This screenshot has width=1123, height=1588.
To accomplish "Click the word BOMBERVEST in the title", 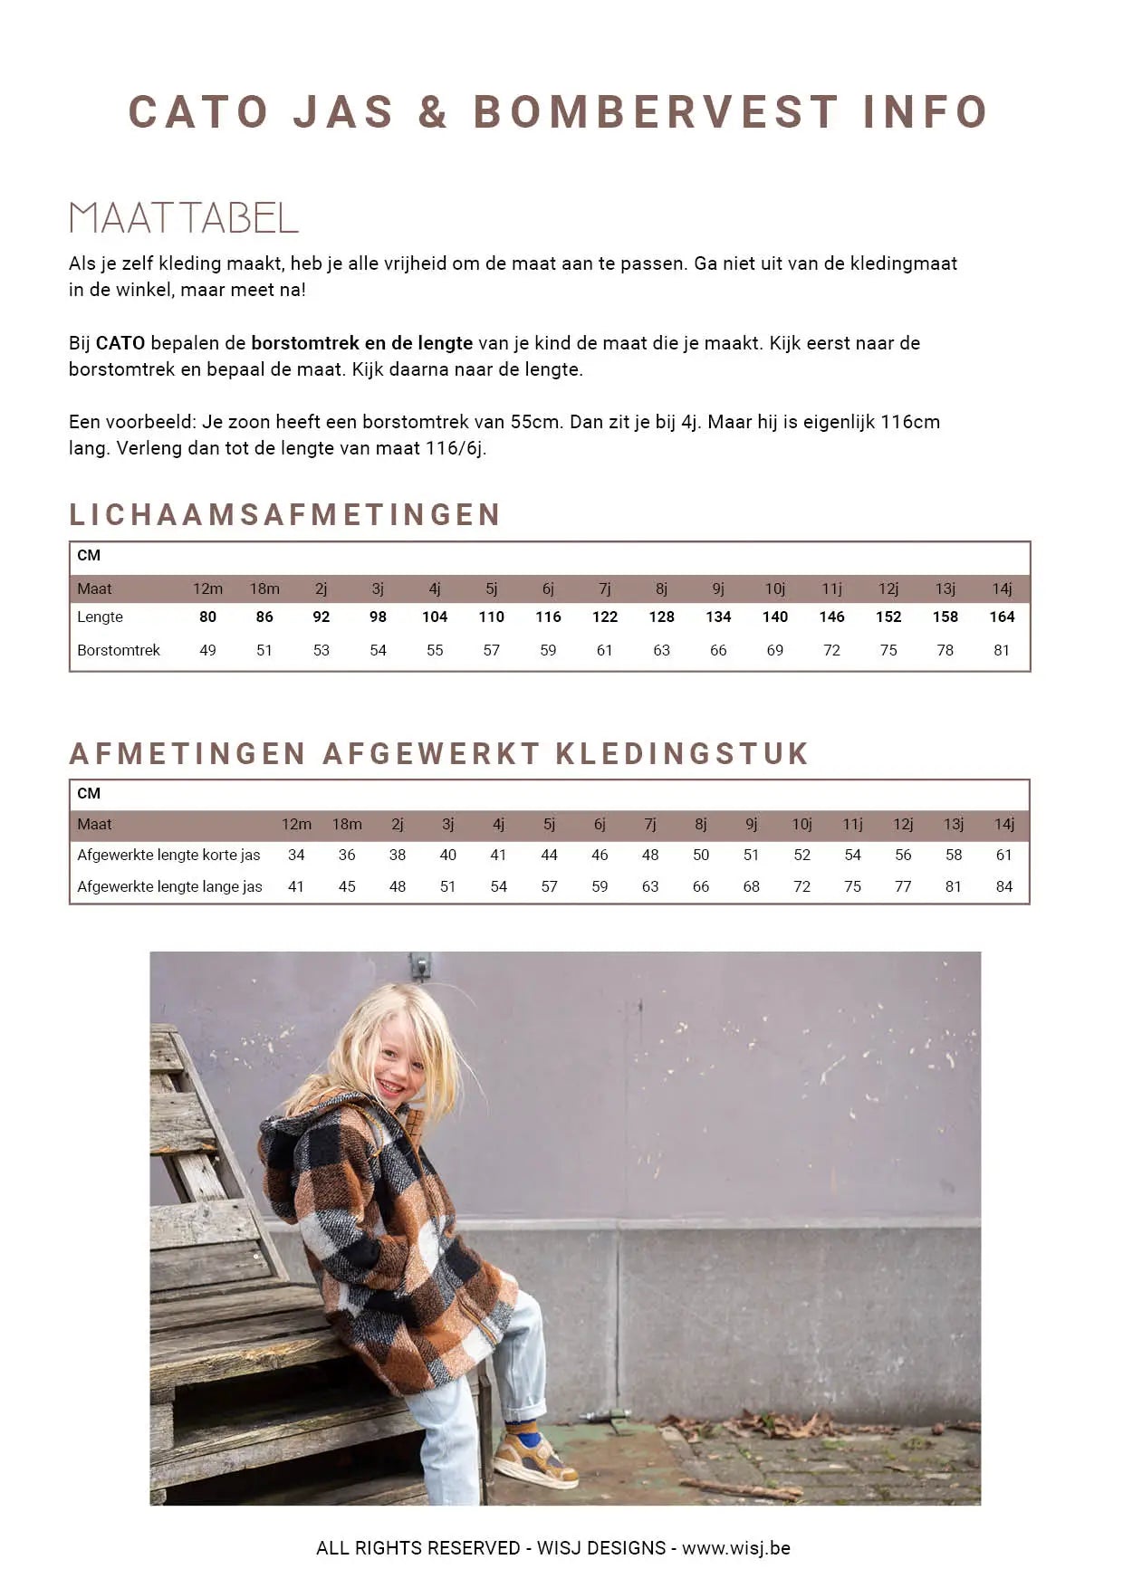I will pos(655,112).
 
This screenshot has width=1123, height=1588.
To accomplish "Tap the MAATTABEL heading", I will pos(184,218).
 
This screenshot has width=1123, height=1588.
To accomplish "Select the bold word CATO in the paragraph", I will pos(120,343).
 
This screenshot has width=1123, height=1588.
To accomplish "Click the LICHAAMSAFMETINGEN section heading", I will pos(285,514).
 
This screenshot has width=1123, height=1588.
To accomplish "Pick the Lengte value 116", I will pos(548,617).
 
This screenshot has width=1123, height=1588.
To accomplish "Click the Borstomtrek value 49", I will pos(207,650).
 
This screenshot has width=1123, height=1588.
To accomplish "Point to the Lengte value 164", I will pos(1002,617).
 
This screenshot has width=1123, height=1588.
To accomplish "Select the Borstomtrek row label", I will pos(119,650).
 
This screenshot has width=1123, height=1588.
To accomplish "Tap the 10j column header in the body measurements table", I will pos(775,588).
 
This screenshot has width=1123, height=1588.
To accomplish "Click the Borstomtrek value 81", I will pos(1002,650).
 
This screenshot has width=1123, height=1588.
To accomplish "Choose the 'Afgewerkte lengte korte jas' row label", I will pos(168,855).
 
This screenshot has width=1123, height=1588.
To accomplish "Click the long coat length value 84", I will pos(1003,886).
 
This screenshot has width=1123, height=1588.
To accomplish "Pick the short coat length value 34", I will pos(296,855).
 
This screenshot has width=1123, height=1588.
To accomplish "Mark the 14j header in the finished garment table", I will pos(1003,824).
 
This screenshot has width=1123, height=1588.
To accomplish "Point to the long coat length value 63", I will pos(650,886).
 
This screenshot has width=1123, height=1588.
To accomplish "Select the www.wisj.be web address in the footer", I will pos(735,1548).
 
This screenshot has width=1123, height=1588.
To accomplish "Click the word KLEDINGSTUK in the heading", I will pos(682,753).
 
